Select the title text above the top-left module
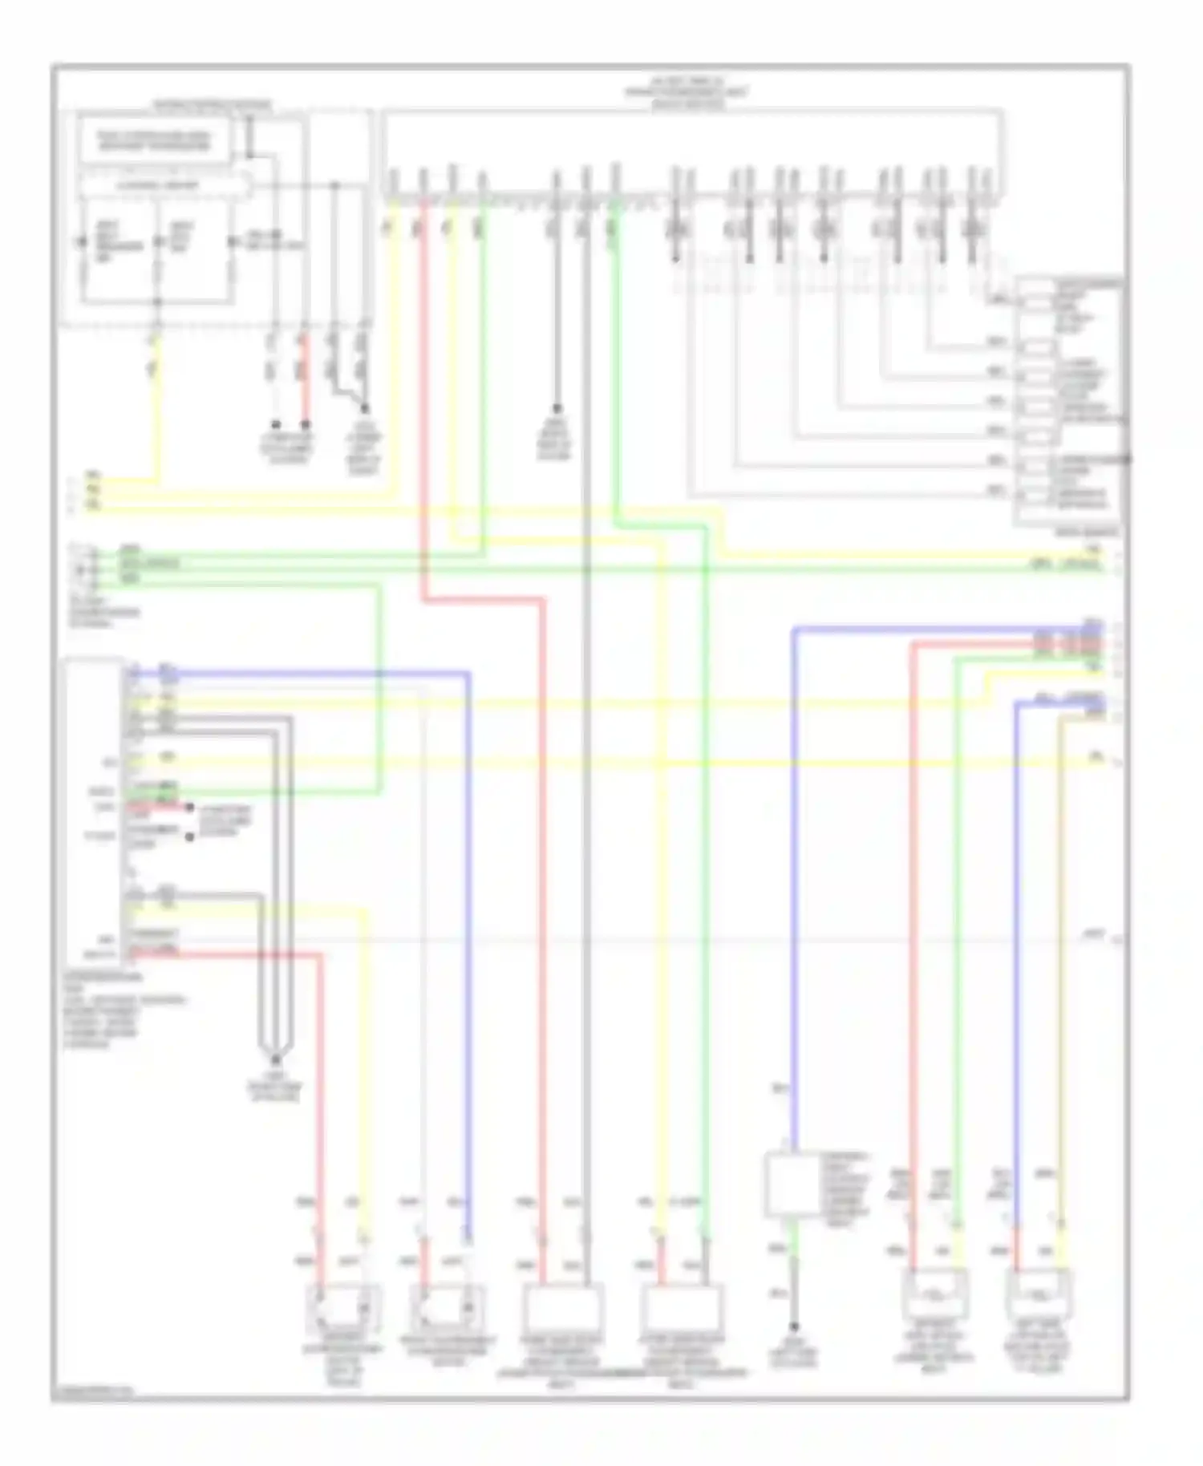(212, 104)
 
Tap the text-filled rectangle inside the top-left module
(154, 141)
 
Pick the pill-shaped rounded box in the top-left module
(164, 185)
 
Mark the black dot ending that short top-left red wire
(305, 424)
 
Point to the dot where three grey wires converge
(275, 1059)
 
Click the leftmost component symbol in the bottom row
(343, 1309)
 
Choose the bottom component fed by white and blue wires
(448, 1309)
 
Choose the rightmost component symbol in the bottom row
(1039, 1293)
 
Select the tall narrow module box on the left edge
(94, 810)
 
